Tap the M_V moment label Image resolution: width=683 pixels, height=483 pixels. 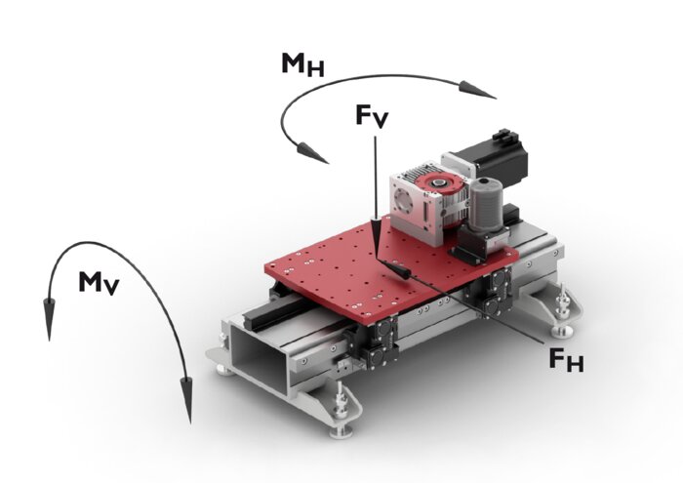(x=100, y=284)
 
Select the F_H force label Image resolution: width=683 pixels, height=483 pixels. (x=567, y=361)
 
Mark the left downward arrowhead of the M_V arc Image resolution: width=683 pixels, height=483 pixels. (x=47, y=325)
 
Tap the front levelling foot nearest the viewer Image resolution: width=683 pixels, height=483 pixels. (x=343, y=424)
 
